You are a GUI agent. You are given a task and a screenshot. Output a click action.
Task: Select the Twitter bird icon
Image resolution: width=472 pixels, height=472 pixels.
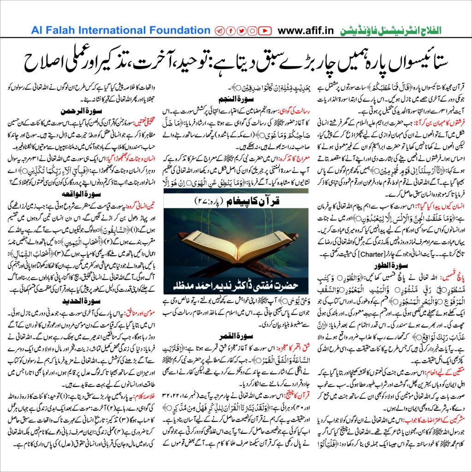(241, 31)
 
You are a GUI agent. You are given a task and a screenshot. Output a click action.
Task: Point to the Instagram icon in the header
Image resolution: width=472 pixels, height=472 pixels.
(253, 31)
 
